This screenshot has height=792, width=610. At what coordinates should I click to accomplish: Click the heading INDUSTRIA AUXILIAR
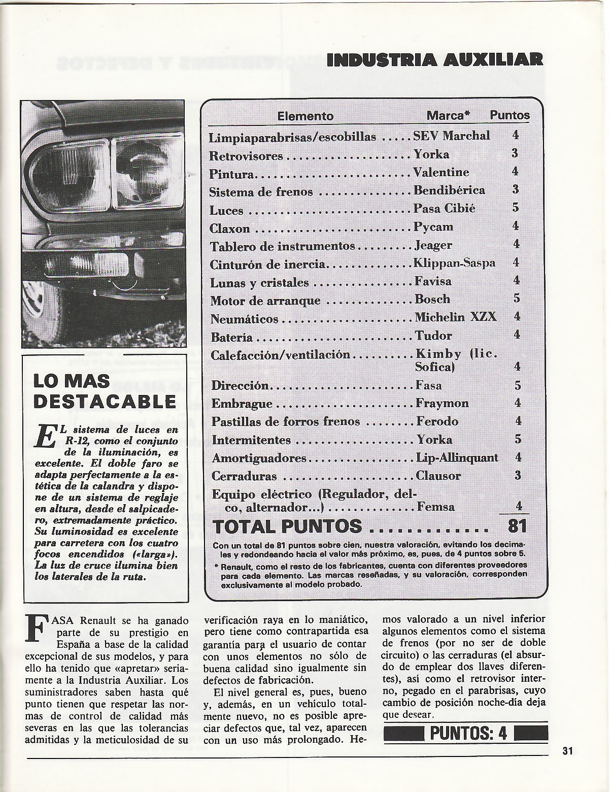click(x=435, y=60)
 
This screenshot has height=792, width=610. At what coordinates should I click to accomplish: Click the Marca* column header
click(x=448, y=116)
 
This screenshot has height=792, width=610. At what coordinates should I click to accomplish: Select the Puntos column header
click(x=510, y=116)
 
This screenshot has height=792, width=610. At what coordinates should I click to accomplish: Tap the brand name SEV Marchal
click(x=452, y=136)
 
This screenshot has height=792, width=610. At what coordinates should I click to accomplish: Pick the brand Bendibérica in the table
click(x=449, y=190)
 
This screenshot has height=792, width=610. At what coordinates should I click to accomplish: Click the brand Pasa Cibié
click(x=444, y=209)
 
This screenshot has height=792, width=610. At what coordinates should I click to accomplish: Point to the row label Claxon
click(x=229, y=228)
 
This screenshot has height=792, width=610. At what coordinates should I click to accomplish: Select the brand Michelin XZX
click(x=455, y=317)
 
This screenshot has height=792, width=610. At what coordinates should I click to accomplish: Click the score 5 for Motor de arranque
click(x=517, y=299)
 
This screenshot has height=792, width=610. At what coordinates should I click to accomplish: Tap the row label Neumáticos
click(x=244, y=319)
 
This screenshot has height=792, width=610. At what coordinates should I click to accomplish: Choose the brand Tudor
click(x=433, y=336)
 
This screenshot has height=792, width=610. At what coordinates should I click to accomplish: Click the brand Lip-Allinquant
click(x=457, y=458)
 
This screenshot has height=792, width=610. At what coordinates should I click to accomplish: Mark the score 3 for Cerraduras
click(x=517, y=476)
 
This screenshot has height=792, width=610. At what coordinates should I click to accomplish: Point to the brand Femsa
click(x=435, y=507)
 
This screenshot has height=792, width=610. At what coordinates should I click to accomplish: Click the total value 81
click(x=517, y=526)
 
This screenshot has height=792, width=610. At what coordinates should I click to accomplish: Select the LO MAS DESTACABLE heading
click(x=104, y=391)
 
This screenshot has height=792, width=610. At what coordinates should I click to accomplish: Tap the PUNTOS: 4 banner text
click(x=468, y=734)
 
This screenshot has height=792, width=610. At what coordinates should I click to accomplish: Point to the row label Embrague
click(x=242, y=405)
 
